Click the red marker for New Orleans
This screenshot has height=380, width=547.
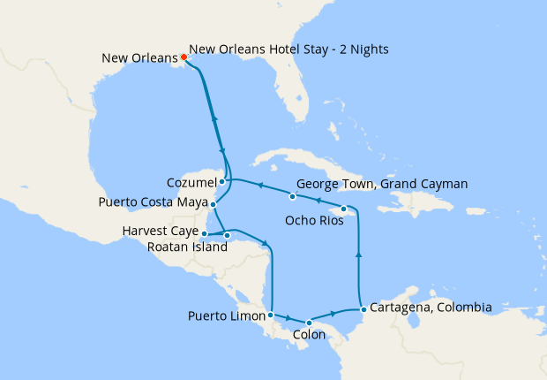point(184,58)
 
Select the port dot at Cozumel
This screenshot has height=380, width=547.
point(222,182)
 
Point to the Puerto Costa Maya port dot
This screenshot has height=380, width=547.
point(213,204)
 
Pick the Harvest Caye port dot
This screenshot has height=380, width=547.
point(204,234)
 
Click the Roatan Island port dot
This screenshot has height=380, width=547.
point(228,235)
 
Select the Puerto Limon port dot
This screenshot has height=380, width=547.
point(270,315)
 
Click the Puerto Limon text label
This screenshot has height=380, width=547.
point(226,315)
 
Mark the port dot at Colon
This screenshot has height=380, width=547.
point(308,323)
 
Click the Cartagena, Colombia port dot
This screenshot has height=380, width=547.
point(363,309)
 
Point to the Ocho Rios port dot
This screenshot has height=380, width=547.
point(344,209)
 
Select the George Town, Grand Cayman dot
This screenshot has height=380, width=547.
point(292,195)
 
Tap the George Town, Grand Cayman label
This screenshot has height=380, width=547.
point(381,184)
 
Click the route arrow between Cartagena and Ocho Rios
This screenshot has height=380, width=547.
point(358,255)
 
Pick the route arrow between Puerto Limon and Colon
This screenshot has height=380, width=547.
point(288,317)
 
